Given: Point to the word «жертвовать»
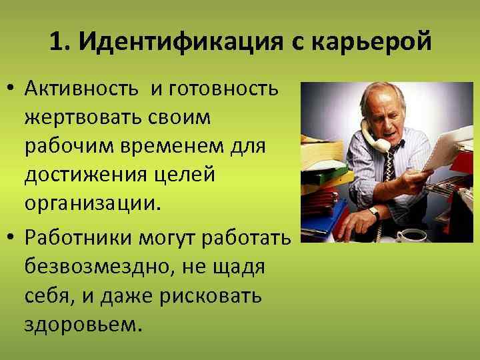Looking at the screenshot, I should point(79,117).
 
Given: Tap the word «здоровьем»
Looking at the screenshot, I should point(83,325).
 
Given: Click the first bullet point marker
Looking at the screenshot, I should point(13,89).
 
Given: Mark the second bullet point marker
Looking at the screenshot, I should point(13,239).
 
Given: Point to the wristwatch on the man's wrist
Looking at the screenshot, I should point(375,213).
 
